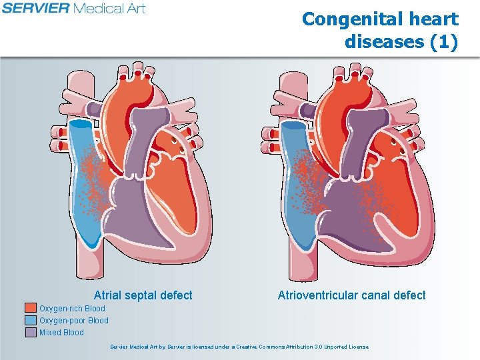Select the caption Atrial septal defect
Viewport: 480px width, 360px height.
click(143, 295)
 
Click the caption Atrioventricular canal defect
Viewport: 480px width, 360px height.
click(351, 295)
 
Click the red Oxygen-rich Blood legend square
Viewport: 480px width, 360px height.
click(30, 308)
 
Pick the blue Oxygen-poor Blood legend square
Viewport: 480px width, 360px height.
click(30, 320)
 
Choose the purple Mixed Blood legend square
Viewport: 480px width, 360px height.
click(30, 332)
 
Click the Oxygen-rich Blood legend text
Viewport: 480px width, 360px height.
click(72, 309)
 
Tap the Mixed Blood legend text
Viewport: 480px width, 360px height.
click(61, 333)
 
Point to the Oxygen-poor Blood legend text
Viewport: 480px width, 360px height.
click(73, 321)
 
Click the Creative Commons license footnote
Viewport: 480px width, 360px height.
click(239, 347)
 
